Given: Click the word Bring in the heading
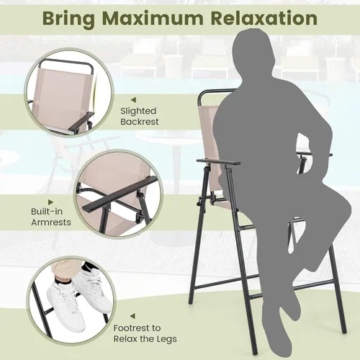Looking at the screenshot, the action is click(68, 19).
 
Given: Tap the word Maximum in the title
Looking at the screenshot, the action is click(153, 18).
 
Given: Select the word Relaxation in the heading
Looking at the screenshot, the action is click(264, 18).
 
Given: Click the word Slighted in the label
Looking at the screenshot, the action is click(138, 111).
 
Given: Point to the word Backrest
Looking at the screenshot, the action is click(140, 122).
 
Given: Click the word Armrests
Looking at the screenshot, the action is click(51, 222).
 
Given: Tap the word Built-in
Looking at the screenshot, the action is click(47, 212).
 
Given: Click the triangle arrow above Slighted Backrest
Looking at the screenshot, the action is click(133, 100).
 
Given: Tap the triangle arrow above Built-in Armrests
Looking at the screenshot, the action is click(50, 202).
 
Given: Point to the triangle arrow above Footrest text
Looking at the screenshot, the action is click(132, 316).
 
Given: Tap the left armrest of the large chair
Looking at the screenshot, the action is click(218, 162).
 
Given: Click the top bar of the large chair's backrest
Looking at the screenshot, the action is click(215, 91).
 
